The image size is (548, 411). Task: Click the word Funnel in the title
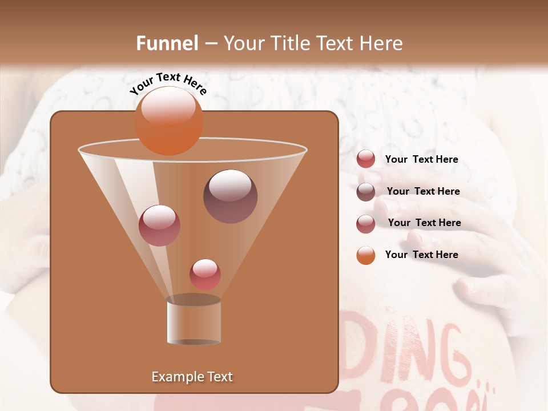click(167, 43)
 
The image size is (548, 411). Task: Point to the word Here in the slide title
click(382, 43)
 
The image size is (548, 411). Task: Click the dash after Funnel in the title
click(210, 44)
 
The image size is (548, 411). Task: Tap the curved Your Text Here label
click(168, 83)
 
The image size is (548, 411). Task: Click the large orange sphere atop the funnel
click(169, 121)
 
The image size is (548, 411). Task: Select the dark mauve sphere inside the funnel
click(230, 196)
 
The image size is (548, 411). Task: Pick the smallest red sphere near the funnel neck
click(205, 274)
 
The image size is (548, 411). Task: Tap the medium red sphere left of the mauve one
click(159, 225)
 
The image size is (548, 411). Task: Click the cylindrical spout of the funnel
click(194, 322)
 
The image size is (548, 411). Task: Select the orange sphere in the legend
click(366, 255)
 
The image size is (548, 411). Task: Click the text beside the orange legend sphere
click(421, 255)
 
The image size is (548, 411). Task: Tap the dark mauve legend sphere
click(366, 192)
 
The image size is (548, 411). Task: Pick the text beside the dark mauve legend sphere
click(423, 191)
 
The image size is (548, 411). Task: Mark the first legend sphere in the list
click(366, 159)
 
